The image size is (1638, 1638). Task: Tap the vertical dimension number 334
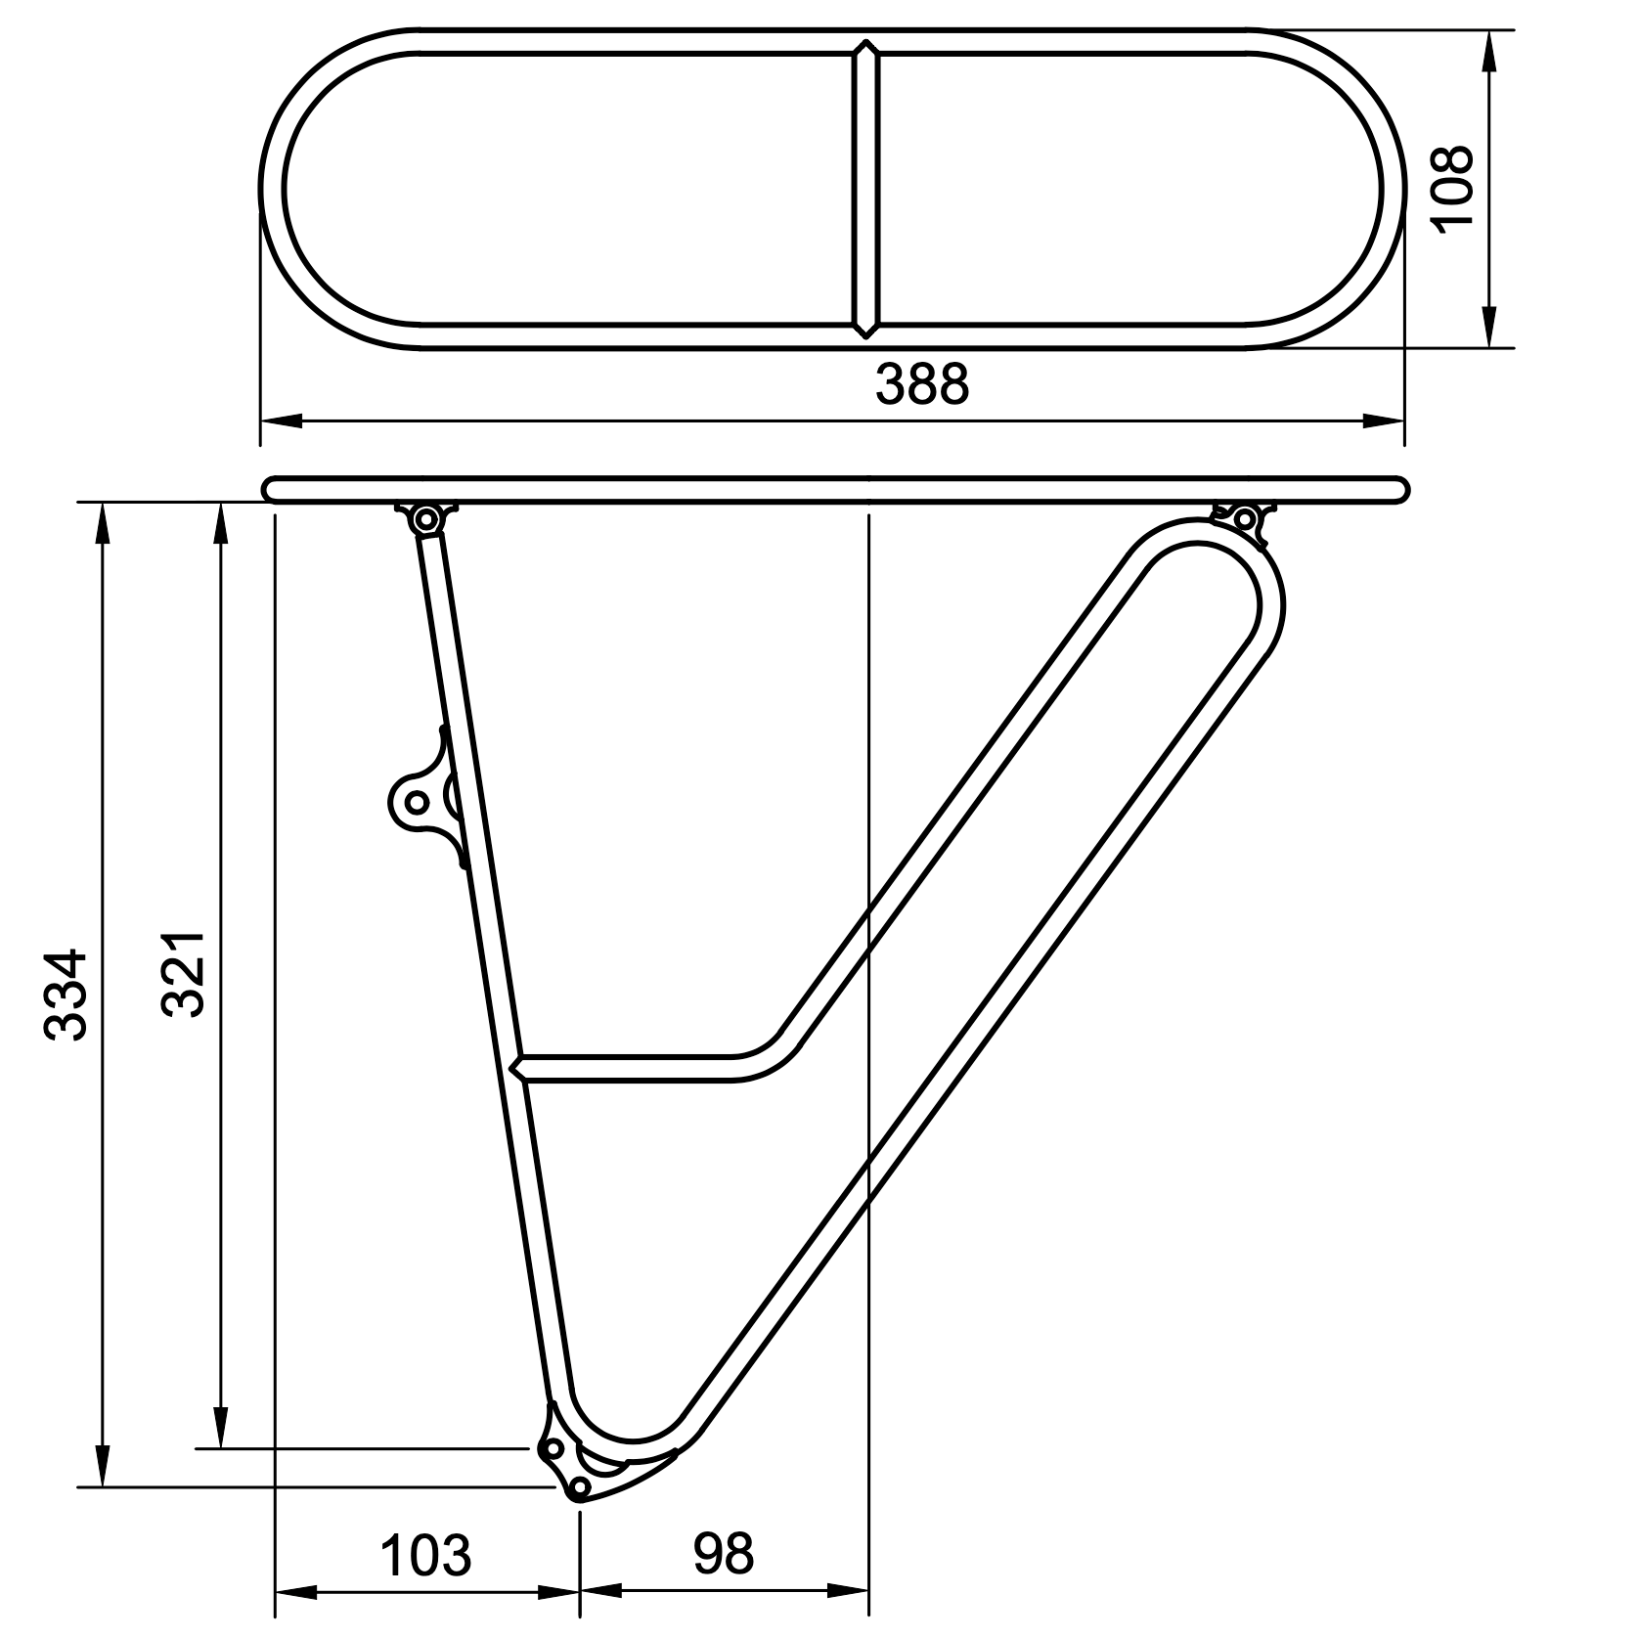pyautogui.click(x=68, y=993)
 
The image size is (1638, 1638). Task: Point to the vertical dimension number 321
pyautogui.click(x=183, y=974)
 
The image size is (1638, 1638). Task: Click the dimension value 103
pyautogui.click(x=425, y=1555)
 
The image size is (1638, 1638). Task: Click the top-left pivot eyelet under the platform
pyautogui.click(x=426, y=518)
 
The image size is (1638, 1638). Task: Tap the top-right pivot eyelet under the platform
pyautogui.click(x=1245, y=516)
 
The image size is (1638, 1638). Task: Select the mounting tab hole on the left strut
pyautogui.click(x=417, y=802)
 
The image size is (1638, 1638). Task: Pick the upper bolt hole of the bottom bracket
pyautogui.click(x=553, y=1447)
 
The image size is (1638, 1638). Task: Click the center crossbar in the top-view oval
pyautogui.click(x=865, y=188)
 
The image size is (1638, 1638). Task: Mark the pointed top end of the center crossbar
pyautogui.click(x=865, y=45)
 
